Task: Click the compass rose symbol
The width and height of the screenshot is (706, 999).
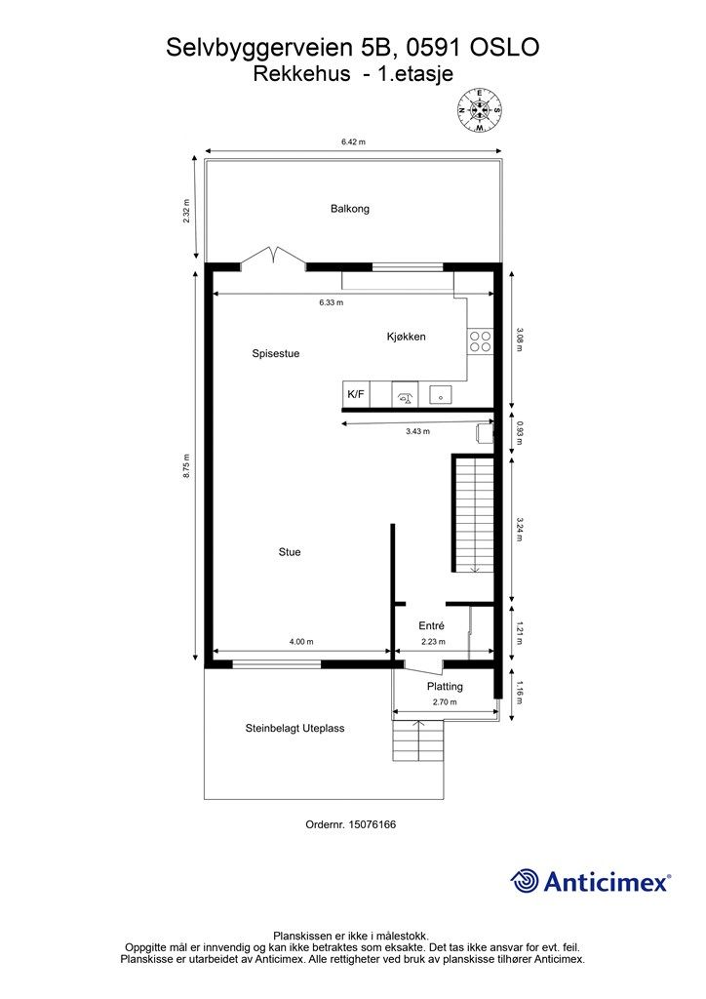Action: [x=479, y=109]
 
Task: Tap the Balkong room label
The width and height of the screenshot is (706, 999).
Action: [x=350, y=209]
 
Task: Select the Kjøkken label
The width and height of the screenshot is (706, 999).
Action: [x=406, y=337]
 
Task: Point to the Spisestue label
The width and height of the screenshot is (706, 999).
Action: [x=276, y=354]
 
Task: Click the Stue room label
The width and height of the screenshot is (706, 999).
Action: [x=290, y=552]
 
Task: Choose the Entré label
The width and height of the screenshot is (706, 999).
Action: [x=432, y=626]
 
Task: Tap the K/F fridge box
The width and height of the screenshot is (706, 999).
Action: [x=356, y=394]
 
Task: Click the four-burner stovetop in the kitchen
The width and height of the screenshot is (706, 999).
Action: [x=480, y=340]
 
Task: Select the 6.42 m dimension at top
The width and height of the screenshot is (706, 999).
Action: [x=353, y=142]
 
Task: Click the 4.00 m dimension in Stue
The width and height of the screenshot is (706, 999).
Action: [x=301, y=642]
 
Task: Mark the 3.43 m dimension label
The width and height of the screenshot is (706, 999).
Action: [x=417, y=431]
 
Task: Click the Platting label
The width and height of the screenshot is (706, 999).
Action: [x=445, y=687]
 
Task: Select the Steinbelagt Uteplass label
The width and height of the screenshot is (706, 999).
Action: [x=294, y=728]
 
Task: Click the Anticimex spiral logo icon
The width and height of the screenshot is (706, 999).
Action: [x=525, y=881]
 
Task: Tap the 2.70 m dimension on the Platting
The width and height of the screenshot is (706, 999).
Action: [x=445, y=702]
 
